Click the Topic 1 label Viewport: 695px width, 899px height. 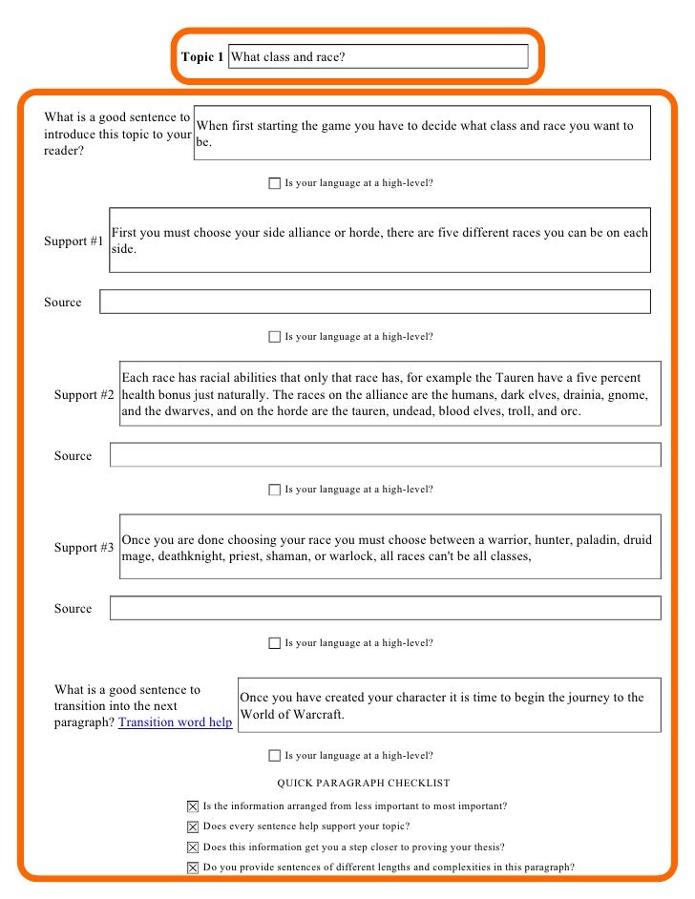[202, 57]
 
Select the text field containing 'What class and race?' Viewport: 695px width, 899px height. [378, 57]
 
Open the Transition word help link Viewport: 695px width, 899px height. [175, 722]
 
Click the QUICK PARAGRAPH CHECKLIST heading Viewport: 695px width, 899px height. [363, 784]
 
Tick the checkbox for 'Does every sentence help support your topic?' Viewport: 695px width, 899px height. [193, 826]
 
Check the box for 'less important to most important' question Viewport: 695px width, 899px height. [193, 806]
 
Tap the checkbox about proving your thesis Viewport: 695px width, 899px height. [193, 847]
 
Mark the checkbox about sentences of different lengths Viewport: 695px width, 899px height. [193, 868]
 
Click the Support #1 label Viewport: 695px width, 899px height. [74, 241]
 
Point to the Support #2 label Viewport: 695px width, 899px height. [84, 394]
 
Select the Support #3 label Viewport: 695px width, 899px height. [84, 548]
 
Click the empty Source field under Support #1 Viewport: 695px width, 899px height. [374, 303]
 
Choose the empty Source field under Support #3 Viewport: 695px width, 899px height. [385, 609]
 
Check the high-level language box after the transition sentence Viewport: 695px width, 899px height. [275, 756]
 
